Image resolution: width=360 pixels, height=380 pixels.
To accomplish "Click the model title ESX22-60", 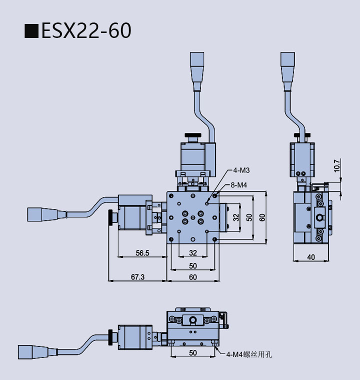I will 86,30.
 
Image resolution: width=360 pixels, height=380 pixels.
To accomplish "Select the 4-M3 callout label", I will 240,170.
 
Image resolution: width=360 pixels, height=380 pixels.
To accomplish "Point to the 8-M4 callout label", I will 239,185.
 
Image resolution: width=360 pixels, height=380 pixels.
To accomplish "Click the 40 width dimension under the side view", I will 311,257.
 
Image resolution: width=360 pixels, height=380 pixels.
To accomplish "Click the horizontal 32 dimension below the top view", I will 192,252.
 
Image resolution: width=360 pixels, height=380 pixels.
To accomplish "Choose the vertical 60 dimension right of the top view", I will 262,217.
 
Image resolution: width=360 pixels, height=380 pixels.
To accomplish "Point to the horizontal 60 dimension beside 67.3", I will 192,276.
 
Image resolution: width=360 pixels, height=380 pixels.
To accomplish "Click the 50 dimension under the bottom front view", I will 192,352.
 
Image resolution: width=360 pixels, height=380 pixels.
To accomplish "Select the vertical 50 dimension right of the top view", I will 249,217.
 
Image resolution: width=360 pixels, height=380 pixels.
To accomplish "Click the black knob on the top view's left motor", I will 109,218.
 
